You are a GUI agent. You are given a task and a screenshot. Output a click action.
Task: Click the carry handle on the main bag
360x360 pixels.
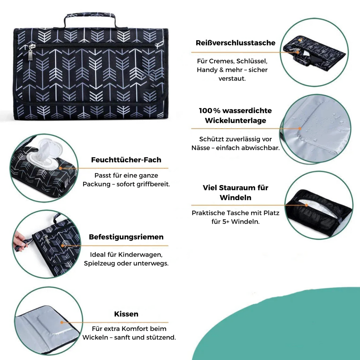click(90, 17)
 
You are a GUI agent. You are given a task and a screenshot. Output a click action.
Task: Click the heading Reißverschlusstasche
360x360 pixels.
click(235, 43)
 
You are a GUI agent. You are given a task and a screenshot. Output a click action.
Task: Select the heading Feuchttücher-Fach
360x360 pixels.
click(126, 159)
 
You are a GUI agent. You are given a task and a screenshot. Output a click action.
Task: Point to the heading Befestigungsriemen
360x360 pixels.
click(126, 237)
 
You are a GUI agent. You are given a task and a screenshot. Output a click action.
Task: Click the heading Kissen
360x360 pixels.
click(126, 314)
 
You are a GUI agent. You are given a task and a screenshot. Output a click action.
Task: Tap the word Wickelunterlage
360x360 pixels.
click(235, 121)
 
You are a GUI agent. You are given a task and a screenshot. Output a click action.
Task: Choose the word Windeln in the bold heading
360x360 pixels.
click(235, 198)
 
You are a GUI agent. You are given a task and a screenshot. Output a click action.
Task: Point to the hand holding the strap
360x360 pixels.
click(20, 239)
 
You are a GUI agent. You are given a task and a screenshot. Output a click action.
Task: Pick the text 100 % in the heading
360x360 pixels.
click(210, 111)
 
